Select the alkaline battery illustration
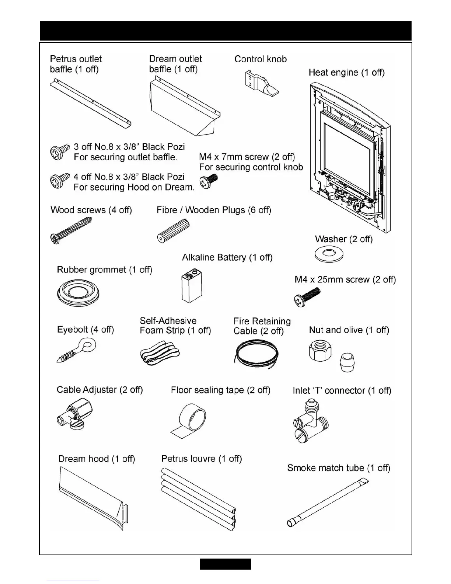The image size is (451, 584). pos(192,285)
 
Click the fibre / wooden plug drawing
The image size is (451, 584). pos(173,230)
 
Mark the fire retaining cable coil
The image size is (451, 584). pos(256,354)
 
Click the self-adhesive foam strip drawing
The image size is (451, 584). pos(160,353)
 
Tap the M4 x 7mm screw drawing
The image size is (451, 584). pos(208,181)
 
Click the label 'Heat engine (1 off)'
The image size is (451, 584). pos(346,73)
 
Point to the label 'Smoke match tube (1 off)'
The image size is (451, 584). pos(339,468)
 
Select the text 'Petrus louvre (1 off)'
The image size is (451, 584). pos(202,459)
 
